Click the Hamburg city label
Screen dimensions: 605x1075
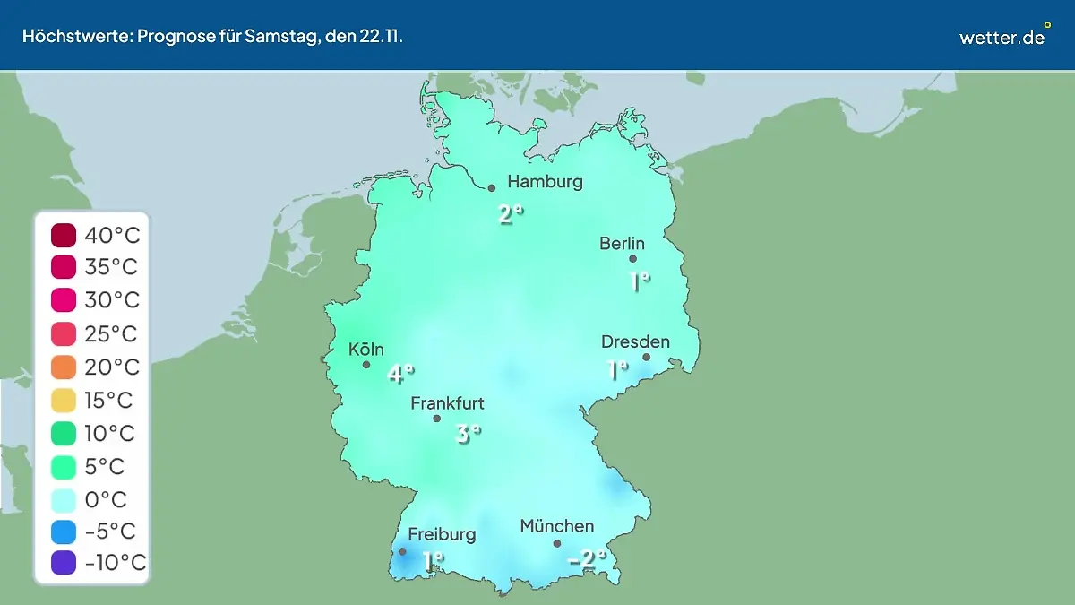point(545,182)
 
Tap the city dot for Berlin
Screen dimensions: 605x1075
point(632,259)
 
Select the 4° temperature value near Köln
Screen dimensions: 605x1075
point(400,374)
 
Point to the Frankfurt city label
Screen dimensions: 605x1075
point(447,403)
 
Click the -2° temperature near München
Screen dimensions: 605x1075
point(588,560)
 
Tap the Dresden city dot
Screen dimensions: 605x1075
point(646,357)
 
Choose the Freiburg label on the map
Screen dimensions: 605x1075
point(442,534)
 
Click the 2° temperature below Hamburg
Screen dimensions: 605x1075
point(511,214)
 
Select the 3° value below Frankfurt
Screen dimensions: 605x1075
point(469,435)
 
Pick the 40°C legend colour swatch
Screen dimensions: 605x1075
point(64,236)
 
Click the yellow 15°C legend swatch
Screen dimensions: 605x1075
point(64,400)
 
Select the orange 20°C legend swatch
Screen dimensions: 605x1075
point(64,367)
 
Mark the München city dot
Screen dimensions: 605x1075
point(557,543)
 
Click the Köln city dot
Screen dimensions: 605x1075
point(366,365)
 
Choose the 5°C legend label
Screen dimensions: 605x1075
point(106,466)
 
